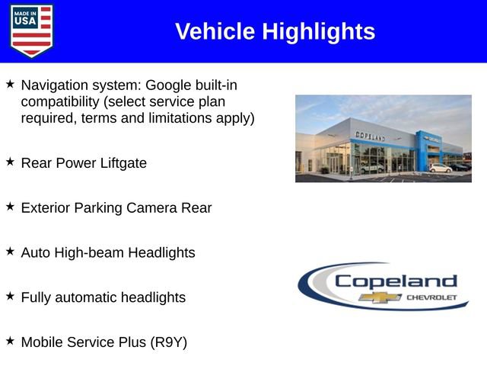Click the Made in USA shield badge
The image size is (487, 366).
(32, 30)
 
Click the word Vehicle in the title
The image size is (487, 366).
(215, 31)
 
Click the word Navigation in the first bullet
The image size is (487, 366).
(54, 84)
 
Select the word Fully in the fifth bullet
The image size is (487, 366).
(37, 297)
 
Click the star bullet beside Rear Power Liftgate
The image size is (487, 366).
(10, 162)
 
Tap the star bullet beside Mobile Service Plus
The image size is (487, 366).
(10, 341)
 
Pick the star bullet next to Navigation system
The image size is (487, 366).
(10, 83)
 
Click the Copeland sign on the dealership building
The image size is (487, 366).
(371, 136)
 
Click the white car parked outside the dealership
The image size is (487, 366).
(440, 168)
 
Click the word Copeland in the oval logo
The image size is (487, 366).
(396, 281)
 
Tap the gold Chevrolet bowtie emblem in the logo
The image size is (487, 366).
(375, 297)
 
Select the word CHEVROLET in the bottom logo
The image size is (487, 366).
(431, 297)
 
